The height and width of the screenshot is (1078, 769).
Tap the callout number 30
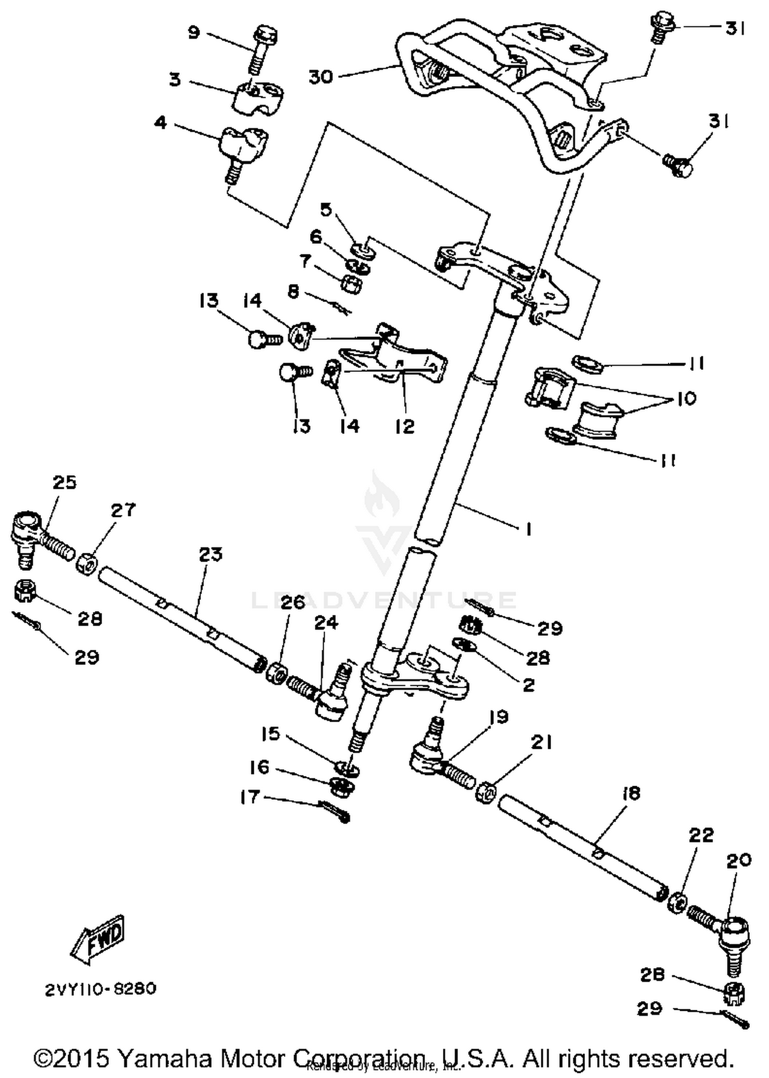point(321,77)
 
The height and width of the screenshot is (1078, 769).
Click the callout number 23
point(211,554)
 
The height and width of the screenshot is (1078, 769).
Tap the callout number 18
point(631,793)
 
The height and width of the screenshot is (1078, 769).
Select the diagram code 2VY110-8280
point(100,989)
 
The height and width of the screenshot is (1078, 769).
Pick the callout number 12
point(404,426)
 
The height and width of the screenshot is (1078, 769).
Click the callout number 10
point(686,398)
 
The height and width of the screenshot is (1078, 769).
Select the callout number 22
point(701,835)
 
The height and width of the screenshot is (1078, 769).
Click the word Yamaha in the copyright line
point(168,1059)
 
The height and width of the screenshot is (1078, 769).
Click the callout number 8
point(293,292)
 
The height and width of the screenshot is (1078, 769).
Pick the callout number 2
point(529,685)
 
